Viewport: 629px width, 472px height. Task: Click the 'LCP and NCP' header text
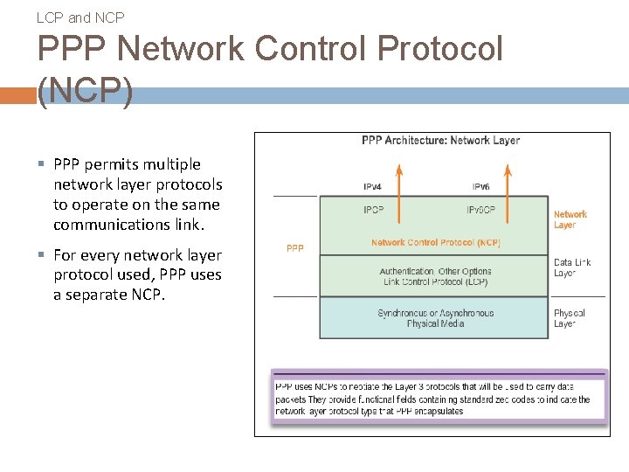81,17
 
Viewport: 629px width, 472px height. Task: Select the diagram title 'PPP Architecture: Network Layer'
440,141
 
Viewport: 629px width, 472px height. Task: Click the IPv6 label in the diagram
480,187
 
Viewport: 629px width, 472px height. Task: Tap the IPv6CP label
480,211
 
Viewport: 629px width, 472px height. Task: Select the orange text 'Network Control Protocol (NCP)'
436,243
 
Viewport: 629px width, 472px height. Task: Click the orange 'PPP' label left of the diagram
295,248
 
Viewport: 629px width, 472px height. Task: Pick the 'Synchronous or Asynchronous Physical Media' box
436,318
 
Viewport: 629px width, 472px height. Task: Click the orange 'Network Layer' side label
570,219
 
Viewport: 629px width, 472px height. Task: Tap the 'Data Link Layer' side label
572,267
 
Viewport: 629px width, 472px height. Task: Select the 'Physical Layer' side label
569,318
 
